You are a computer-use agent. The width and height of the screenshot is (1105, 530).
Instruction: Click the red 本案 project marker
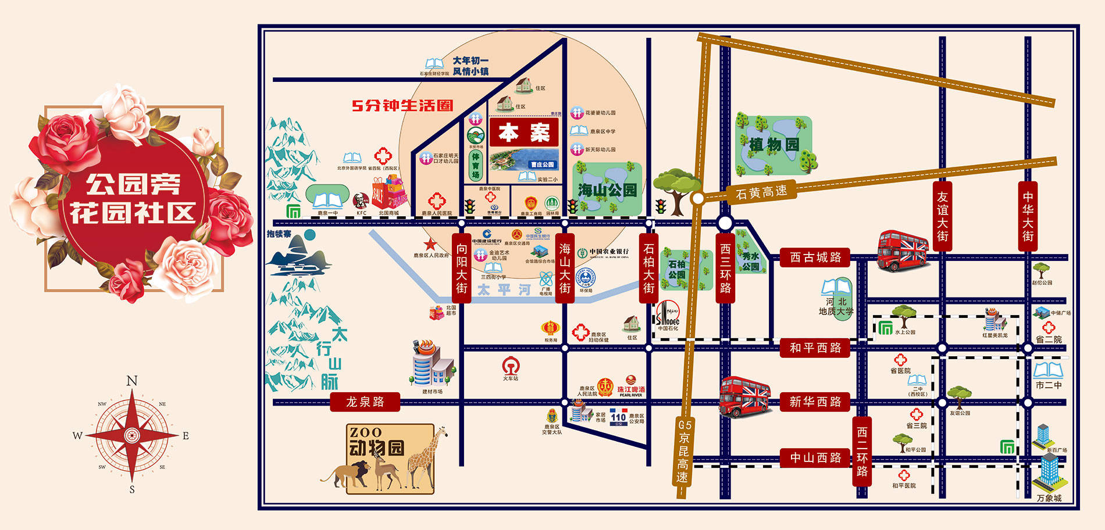click(524, 132)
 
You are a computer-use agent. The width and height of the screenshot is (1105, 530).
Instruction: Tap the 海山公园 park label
click(607, 190)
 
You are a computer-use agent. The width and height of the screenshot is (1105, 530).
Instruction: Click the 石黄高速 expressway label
click(761, 192)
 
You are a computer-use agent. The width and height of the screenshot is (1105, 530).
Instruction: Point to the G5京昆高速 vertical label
click(684, 451)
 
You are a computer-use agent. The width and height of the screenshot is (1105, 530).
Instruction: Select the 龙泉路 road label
click(365, 402)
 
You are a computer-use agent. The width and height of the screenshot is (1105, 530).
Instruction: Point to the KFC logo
click(361, 202)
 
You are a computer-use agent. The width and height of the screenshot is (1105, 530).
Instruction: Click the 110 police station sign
click(618, 417)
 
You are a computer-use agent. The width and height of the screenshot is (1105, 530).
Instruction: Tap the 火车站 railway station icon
click(510, 366)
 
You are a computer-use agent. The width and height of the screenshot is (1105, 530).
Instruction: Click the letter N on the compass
click(132, 381)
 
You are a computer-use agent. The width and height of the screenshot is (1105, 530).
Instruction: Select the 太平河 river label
click(504, 289)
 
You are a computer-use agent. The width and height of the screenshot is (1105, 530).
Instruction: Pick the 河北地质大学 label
click(836, 306)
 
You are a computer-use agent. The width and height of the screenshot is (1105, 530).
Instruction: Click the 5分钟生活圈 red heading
click(402, 105)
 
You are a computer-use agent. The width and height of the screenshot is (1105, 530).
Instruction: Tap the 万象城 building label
click(1049, 498)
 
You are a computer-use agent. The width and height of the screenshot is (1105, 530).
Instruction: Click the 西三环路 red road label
click(725, 268)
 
